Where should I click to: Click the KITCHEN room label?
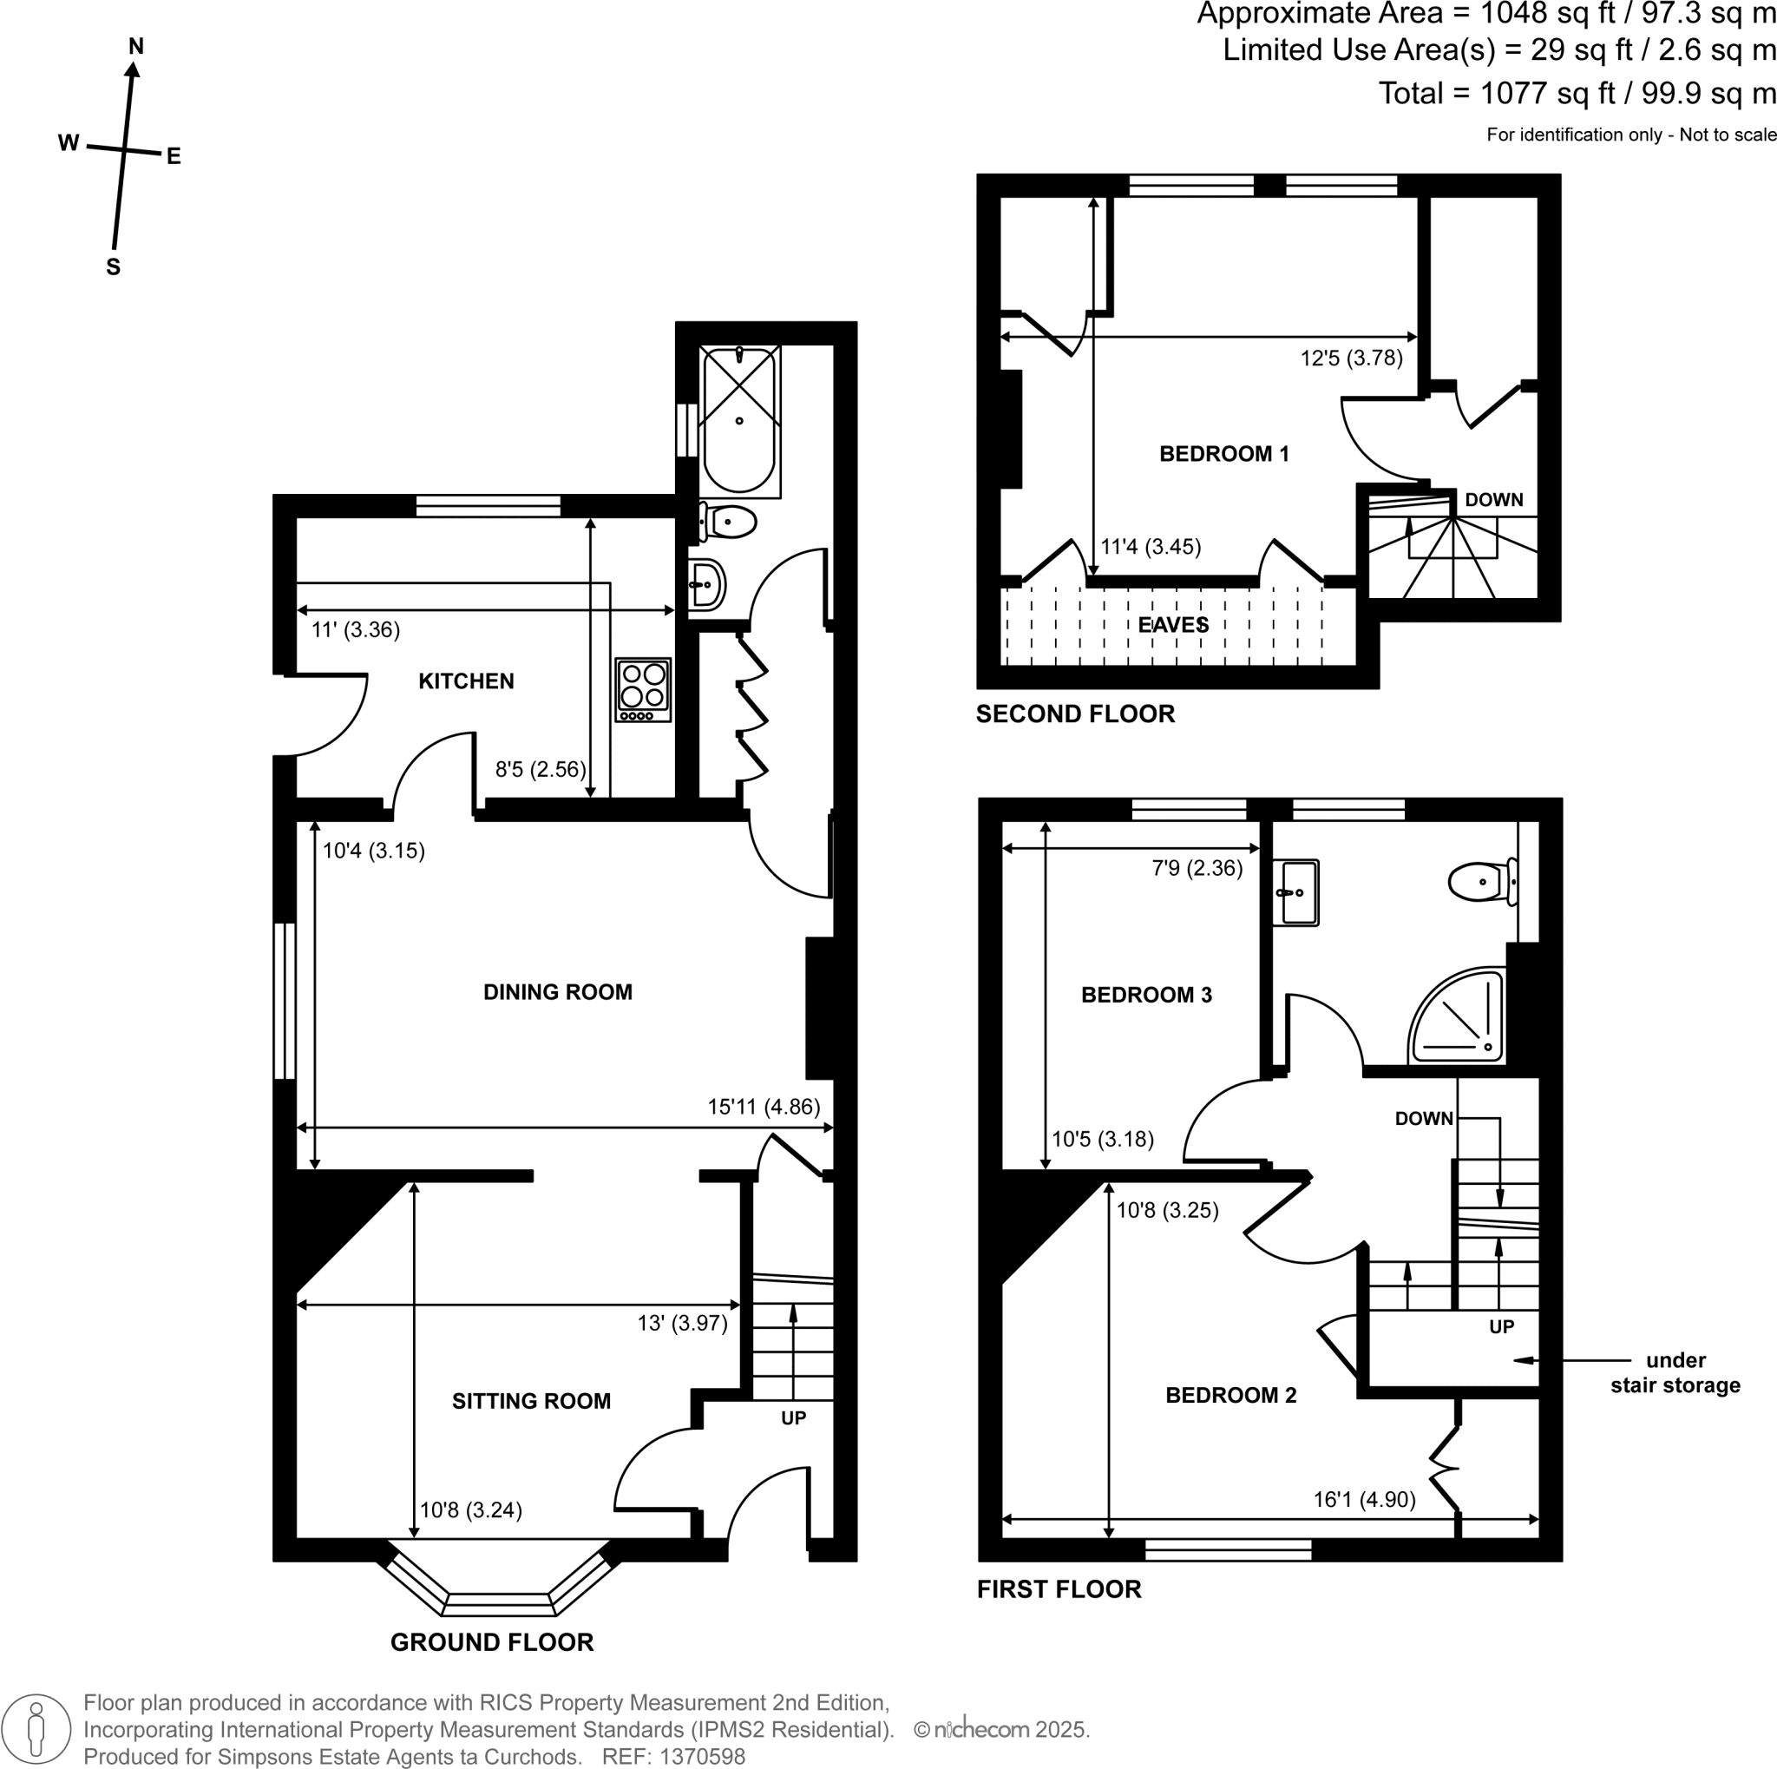tap(465, 681)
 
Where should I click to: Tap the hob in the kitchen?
tap(643, 689)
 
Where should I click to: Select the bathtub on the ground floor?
tap(738, 420)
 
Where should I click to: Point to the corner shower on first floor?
tap(1459, 1017)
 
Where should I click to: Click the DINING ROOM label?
tap(557, 993)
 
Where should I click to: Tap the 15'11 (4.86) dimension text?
tap(764, 1107)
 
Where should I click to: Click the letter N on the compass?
tap(136, 46)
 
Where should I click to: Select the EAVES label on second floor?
tap(1173, 626)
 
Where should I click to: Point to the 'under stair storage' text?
tap(1674, 1372)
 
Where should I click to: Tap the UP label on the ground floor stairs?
tap(793, 1418)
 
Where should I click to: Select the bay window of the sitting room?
tap(500, 1603)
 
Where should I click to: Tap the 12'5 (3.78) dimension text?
tap(1350, 358)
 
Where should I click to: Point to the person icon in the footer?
tap(36, 1729)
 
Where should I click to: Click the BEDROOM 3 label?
tap(1146, 995)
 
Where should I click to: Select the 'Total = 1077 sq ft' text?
tap(1576, 94)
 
